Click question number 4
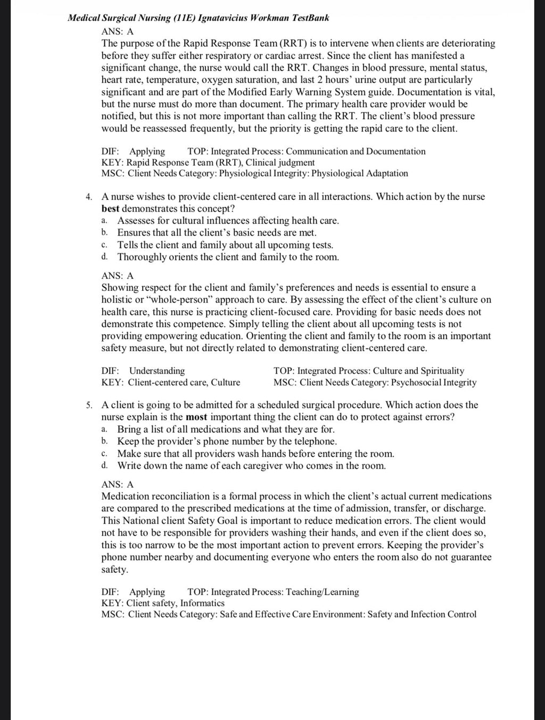(x=89, y=197)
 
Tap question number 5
(x=89, y=405)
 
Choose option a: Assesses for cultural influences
(x=228, y=221)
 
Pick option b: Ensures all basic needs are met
(x=217, y=232)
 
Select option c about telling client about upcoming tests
(x=225, y=245)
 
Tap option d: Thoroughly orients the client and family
(x=228, y=257)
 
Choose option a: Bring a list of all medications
(x=226, y=429)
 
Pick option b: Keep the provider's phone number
(x=227, y=441)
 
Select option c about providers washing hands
(x=255, y=454)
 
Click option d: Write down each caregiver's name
(x=251, y=466)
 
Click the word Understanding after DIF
(x=157, y=371)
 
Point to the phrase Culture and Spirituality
(x=418, y=371)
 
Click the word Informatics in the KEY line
(x=202, y=603)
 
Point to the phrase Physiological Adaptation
(x=360, y=173)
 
